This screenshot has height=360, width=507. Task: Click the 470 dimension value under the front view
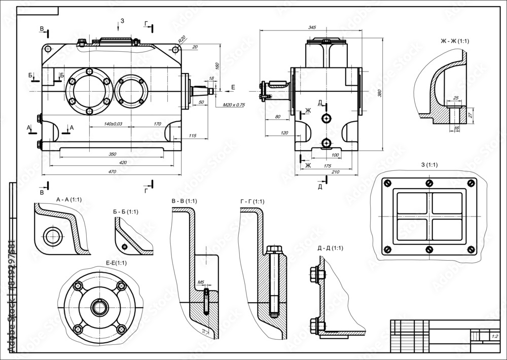(x=113, y=172)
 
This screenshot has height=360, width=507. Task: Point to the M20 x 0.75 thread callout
(x=234, y=105)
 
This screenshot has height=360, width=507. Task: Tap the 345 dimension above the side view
(x=312, y=27)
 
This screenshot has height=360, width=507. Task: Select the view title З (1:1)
(x=429, y=165)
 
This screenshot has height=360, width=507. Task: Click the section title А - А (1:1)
(x=70, y=200)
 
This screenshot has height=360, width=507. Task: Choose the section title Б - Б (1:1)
(x=126, y=211)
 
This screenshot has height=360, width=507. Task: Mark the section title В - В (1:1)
(x=185, y=201)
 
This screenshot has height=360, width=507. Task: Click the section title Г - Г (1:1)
(x=252, y=201)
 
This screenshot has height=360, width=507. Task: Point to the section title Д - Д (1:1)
(x=330, y=248)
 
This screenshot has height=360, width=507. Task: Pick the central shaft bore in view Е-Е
(x=98, y=307)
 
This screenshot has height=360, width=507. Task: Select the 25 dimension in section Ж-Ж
(x=455, y=98)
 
